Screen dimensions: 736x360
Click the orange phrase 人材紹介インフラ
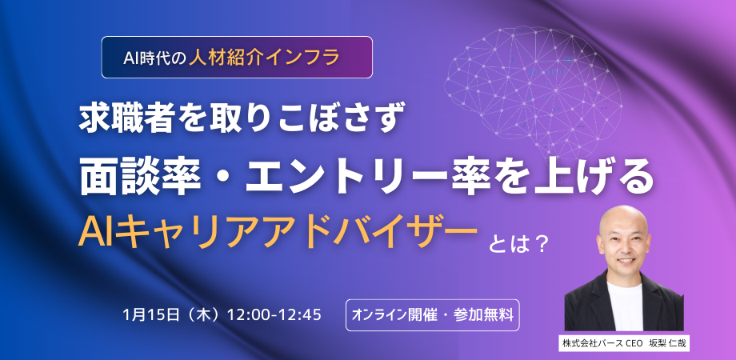pos(264,58)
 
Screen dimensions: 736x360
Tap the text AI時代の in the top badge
pos(154,58)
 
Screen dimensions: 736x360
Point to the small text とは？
pos(518,245)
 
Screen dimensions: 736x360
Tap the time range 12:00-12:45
pos(274,314)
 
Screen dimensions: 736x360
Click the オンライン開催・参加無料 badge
pos(432,315)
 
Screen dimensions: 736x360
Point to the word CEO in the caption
pos(634,343)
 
